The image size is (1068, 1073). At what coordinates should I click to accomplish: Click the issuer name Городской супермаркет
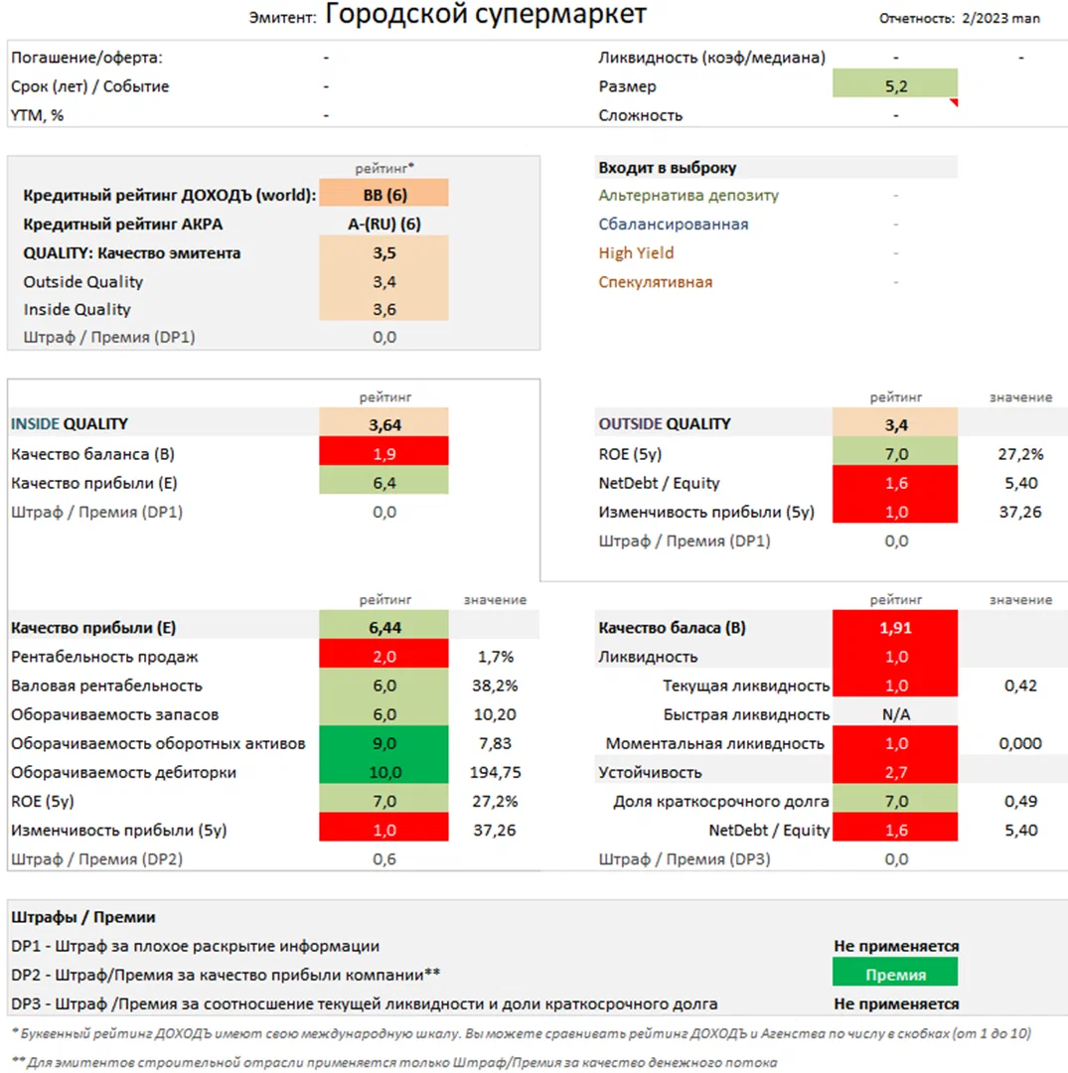pos(486,15)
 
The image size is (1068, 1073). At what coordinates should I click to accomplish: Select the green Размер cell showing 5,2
pos(895,86)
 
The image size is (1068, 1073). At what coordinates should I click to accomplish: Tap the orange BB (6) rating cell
pos(384,195)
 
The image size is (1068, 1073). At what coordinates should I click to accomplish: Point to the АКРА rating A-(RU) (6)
pos(384,224)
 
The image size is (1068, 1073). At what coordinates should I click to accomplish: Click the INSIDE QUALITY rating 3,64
pos(384,424)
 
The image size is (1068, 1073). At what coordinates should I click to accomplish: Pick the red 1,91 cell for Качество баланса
pos(895,628)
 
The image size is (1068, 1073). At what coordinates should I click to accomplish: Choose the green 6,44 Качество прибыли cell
pos(384,628)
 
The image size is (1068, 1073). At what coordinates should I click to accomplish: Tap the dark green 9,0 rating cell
pos(384,743)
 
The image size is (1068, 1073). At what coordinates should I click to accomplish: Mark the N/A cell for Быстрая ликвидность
pos(895,714)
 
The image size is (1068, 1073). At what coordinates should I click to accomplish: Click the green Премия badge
pos(895,975)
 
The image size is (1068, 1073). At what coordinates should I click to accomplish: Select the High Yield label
pos(636,253)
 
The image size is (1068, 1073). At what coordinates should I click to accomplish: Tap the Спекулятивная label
pos(655,282)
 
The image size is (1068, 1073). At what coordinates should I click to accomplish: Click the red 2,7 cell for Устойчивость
pos(895,772)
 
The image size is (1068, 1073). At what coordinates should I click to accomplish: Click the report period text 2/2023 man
pos(1001,18)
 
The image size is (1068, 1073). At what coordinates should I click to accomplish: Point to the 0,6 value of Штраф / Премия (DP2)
pos(384,858)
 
